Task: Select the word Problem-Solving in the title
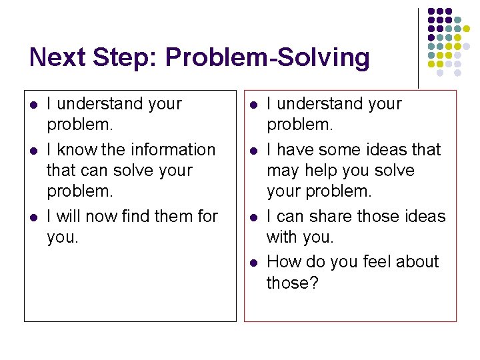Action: click(x=267, y=58)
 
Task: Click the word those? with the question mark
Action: click(x=293, y=283)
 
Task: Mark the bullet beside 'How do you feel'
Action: click(x=252, y=263)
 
